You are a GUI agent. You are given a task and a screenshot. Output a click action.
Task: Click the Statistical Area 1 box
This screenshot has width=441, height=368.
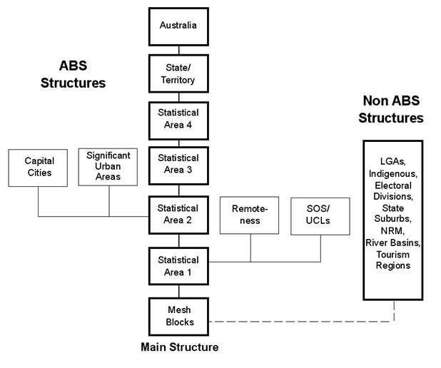pyautogui.click(x=178, y=265)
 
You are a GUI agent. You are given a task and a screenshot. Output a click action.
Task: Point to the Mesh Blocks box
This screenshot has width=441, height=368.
pyautogui.click(x=178, y=316)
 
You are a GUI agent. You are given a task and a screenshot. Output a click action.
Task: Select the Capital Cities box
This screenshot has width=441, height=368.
pyautogui.click(x=39, y=168)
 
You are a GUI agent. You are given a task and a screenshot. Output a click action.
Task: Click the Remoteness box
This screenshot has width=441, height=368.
pyautogui.click(x=250, y=215)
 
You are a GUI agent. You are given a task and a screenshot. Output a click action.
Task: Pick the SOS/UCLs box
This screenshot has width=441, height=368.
pyautogui.click(x=320, y=215)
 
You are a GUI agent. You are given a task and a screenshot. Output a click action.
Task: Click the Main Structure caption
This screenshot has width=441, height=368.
pyautogui.click(x=178, y=348)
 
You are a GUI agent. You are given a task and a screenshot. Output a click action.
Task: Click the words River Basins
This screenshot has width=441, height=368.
pyautogui.click(x=392, y=243)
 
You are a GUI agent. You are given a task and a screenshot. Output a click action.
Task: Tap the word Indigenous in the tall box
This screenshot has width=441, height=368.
pyautogui.click(x=392, y=173)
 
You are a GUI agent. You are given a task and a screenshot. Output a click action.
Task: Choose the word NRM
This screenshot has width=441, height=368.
pyautogui.click(x=392, y=232)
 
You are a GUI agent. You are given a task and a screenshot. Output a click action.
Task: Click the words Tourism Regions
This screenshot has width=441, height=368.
pyautogui.click(x=392, y=260)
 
